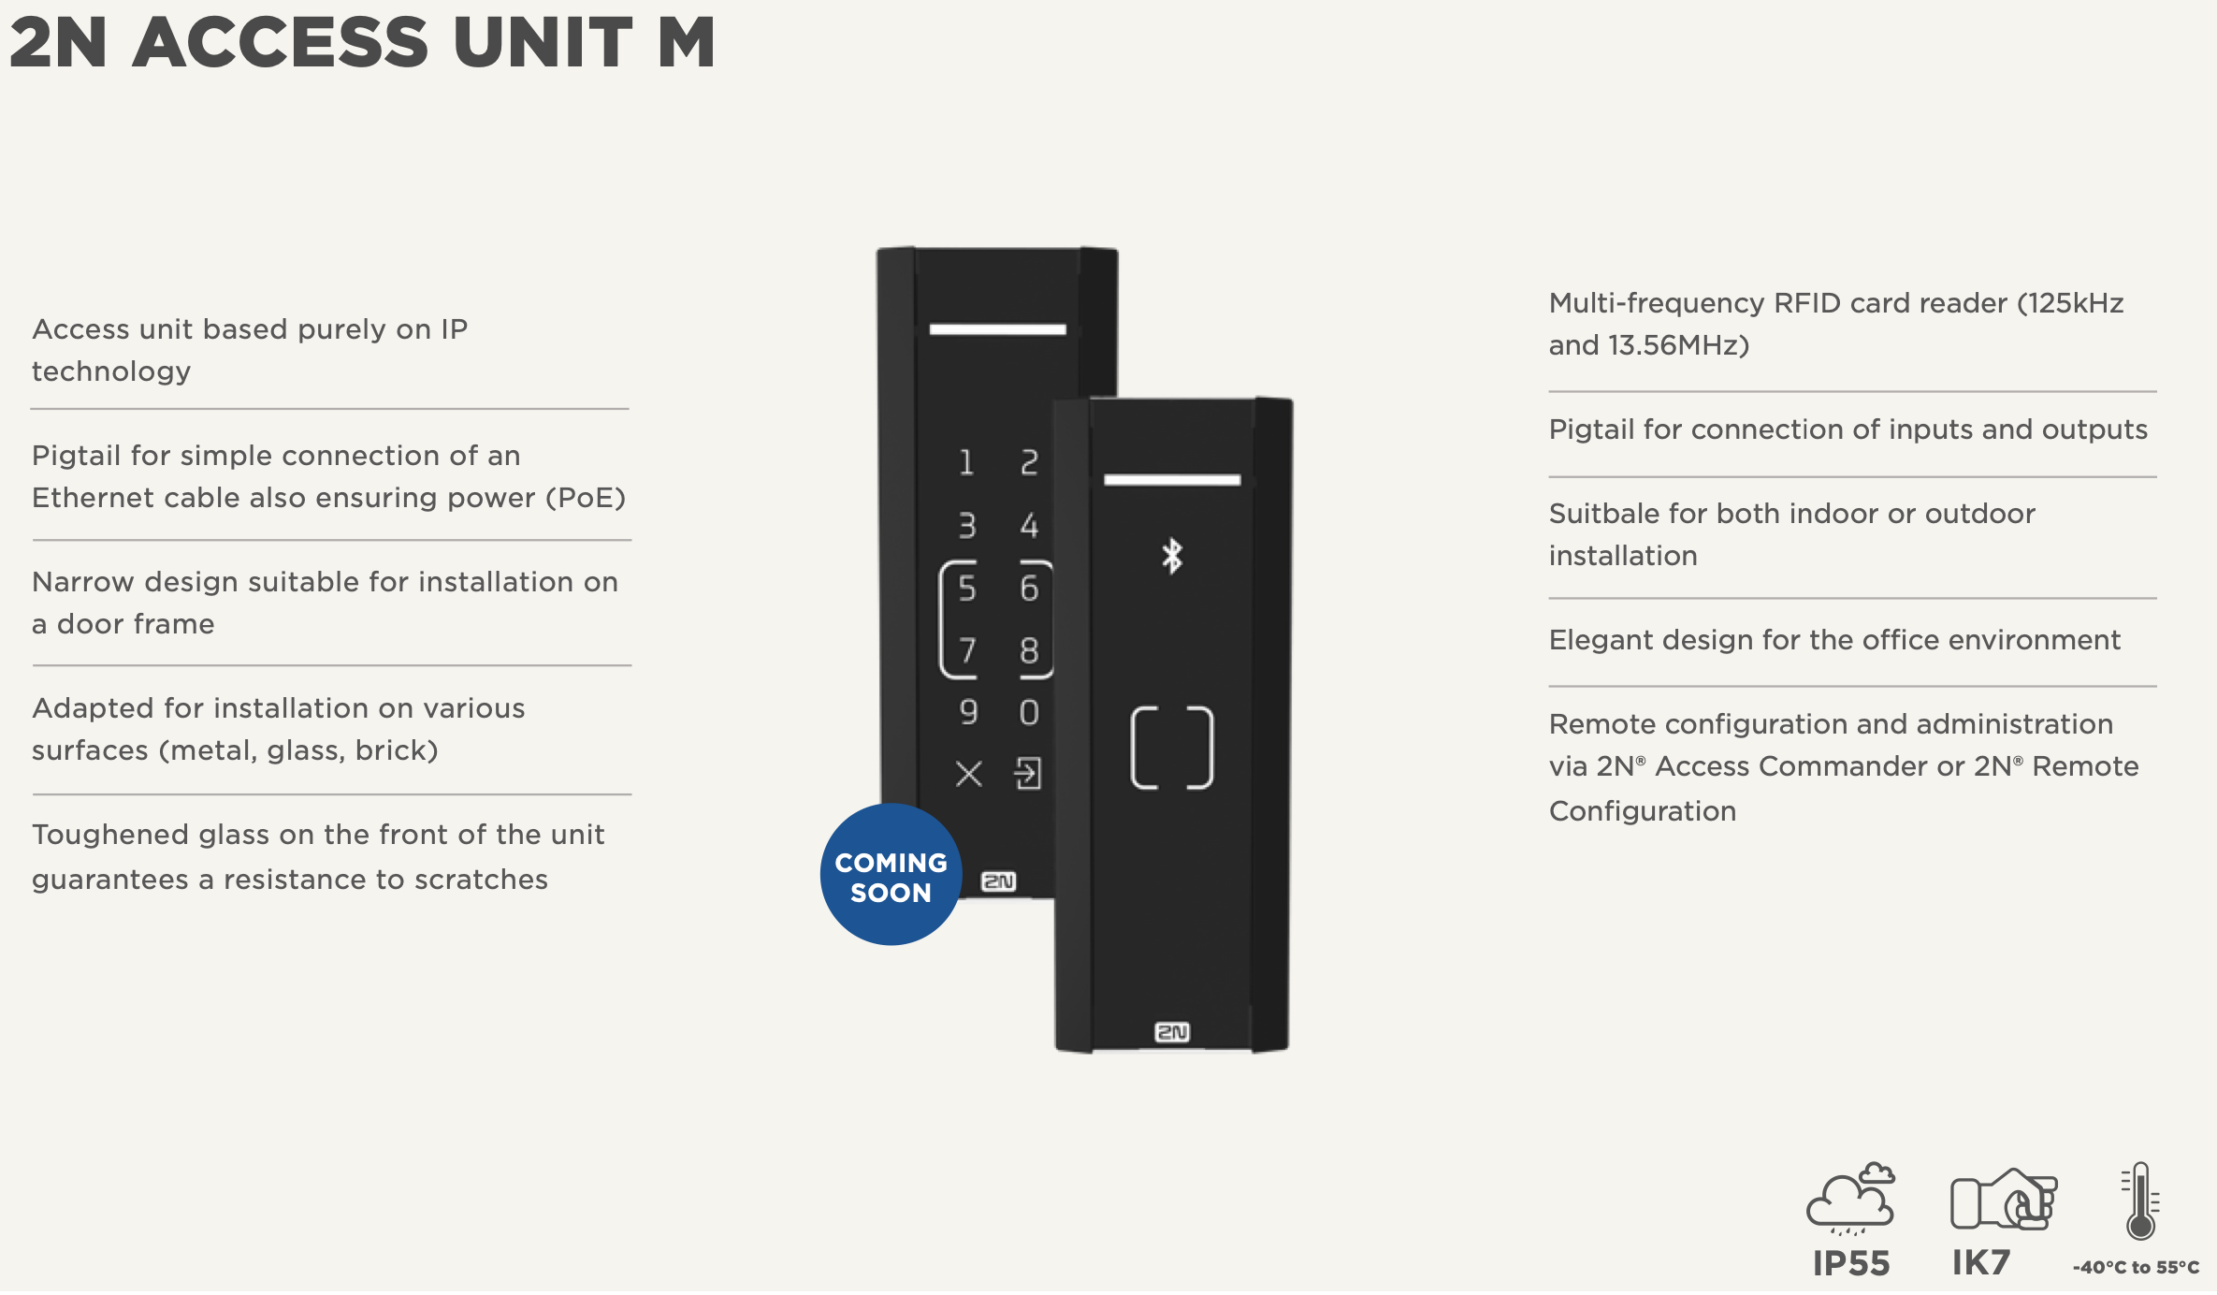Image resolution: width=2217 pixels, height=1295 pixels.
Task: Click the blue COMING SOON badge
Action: pyautogui.click(x=891, y=875)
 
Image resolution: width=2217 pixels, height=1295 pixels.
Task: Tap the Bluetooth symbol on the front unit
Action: pyautogui.click(x=1172, y=556)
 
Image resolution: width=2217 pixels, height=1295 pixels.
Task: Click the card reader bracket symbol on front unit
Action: pyautogui.click(x=1172, y=748)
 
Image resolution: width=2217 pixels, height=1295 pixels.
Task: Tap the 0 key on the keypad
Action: pyautogui.click(x=1029, y=713)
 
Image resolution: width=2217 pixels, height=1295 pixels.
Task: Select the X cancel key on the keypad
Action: pyautogui.click(x=969, y=774)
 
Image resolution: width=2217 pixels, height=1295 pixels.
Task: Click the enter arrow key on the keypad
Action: pyautogui.click(x=1028, y=774)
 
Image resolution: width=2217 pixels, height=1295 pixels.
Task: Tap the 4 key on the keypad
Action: pyautogui.click(x=1029, y=526)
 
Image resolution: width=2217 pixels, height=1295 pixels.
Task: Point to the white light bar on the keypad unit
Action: pyautogui.click(x=997, y=329)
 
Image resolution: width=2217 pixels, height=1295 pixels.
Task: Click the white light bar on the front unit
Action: pyautogui.click(x=1172, y=480)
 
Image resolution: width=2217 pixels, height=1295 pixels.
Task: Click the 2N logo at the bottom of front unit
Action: pyautogui.click(x=1172, y=1032)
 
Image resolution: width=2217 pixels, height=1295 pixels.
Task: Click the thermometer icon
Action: pyautogui.click(x=2140, y=1201)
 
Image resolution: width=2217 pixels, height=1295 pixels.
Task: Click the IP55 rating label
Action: pyautogui.click(x=1851, y=1263)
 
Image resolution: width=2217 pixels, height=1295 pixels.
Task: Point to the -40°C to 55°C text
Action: pyautogui.click(x=2136, y=1268)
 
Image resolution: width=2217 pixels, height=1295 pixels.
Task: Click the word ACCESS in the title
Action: pyautogui.click(x=281, y=43)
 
